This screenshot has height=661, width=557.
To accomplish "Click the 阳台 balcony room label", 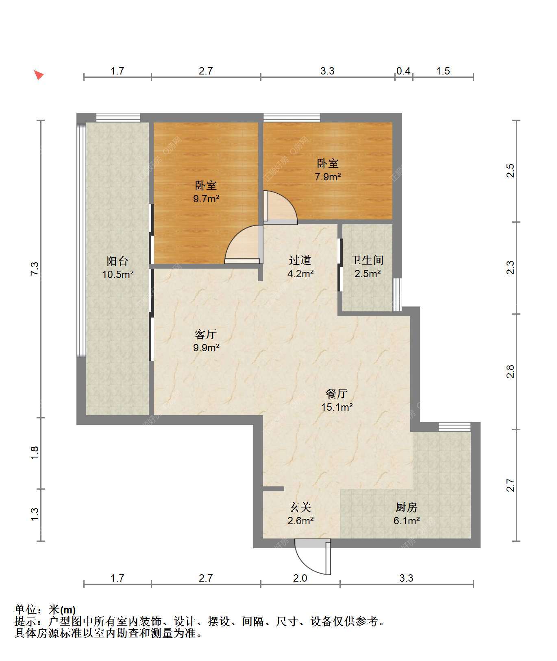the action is tap(117, 261).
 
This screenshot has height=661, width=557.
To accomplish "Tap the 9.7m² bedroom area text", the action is tap(207, 199).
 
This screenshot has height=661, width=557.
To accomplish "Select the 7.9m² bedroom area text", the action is tap(328, 177).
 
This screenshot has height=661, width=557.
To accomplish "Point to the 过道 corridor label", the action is tap(300, 260).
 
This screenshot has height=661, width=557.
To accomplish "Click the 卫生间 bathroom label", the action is tap(367, 260).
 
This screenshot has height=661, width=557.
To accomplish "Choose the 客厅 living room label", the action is tap(206, 335).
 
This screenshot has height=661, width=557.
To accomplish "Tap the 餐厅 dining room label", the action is tap(337, 394).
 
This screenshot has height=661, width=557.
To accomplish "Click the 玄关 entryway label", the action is tap(300, 507).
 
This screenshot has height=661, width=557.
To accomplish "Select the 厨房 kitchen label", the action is tap(407, 507).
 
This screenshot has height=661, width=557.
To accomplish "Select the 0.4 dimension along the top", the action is tap(403, 71).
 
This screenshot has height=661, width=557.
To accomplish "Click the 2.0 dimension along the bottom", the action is tap(300, 578).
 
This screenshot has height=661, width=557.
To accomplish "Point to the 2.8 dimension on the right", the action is tap(511, 372).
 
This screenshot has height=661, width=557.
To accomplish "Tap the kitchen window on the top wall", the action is tap(455, 427).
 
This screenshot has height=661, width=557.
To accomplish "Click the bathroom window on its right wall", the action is tap(397, 294).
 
